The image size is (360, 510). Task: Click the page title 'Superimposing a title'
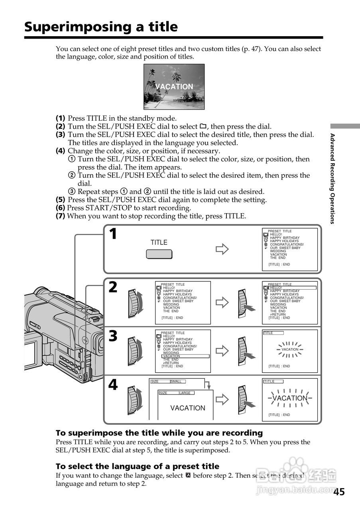101,27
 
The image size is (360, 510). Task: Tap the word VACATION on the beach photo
174,86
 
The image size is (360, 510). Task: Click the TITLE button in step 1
159,254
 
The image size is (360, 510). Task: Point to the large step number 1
113,234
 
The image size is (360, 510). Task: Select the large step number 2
113,287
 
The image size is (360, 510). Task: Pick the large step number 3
113,336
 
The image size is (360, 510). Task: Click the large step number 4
113,384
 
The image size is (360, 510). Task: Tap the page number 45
339,492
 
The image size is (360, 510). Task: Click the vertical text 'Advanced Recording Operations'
332,178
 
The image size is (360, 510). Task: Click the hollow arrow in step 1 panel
222,249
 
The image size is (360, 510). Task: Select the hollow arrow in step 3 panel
222,351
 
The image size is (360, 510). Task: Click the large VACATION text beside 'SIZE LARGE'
188,408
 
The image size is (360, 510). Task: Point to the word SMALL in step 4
176,381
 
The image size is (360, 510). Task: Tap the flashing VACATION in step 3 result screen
290,349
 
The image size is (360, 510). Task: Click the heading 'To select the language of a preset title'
137,466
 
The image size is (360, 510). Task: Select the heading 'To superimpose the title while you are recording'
159,433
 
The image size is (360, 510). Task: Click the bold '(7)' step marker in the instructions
60,216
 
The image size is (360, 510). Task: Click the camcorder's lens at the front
99,343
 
